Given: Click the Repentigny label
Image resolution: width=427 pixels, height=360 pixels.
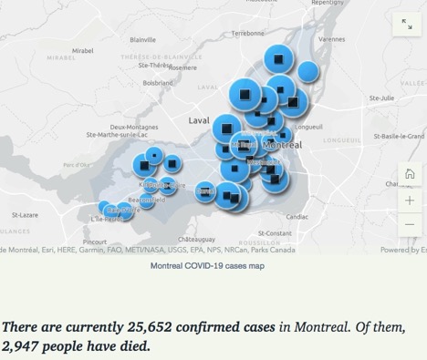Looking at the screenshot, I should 327,4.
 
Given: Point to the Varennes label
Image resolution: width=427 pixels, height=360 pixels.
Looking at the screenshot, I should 331,40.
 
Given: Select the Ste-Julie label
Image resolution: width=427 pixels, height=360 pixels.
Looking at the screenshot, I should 381,98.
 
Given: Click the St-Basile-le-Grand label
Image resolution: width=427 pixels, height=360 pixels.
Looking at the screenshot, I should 399,136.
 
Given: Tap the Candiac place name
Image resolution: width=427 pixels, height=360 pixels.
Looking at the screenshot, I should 297,217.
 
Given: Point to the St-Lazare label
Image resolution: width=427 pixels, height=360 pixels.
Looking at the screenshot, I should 25,215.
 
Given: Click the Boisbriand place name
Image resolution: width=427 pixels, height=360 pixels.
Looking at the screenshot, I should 158,82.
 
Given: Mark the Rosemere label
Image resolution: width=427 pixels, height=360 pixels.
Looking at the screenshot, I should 182,67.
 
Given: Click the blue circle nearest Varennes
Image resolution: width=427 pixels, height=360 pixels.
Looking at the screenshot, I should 307,71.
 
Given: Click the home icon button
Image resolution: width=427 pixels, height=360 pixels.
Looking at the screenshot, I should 410,174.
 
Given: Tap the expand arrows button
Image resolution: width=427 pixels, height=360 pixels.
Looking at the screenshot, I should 407,25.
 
